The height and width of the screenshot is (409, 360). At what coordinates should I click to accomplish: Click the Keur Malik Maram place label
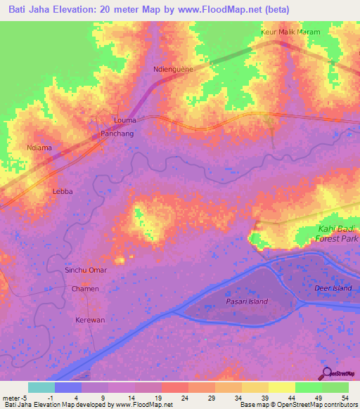(290, 32)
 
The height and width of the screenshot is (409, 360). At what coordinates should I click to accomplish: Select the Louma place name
(125, 120)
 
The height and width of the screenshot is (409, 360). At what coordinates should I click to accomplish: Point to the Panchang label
(117, 132)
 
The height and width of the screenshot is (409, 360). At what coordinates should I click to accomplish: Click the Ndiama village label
(40, 148)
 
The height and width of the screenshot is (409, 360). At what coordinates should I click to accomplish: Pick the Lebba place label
(63, 190)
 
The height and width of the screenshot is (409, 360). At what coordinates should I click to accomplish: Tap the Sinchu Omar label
(86, 271)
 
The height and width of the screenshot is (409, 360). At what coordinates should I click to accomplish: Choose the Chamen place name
(85, 289)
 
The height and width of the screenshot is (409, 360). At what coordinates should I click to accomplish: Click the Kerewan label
(90, 320)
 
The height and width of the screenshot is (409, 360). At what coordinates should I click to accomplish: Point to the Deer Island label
(333, 288)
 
